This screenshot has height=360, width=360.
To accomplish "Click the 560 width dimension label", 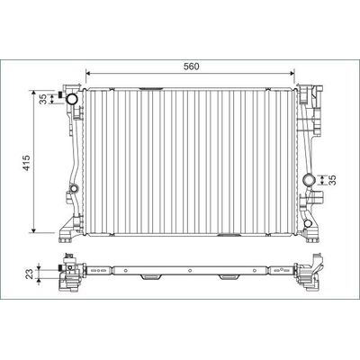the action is coord(192,67).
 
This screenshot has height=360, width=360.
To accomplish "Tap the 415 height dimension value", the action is coord(27,163).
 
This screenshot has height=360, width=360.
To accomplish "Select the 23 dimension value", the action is coord(30,274).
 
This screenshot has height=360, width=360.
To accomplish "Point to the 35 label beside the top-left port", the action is coord(44,99).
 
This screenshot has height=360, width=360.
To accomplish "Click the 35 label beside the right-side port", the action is coord(332,180).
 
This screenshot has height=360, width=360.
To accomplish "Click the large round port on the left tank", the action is coord(72,99).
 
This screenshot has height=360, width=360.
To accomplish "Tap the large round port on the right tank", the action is coord(309,180).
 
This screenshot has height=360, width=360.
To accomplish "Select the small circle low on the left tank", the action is coord(74,189).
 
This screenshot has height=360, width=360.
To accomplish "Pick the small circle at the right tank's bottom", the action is coord(308,223).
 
